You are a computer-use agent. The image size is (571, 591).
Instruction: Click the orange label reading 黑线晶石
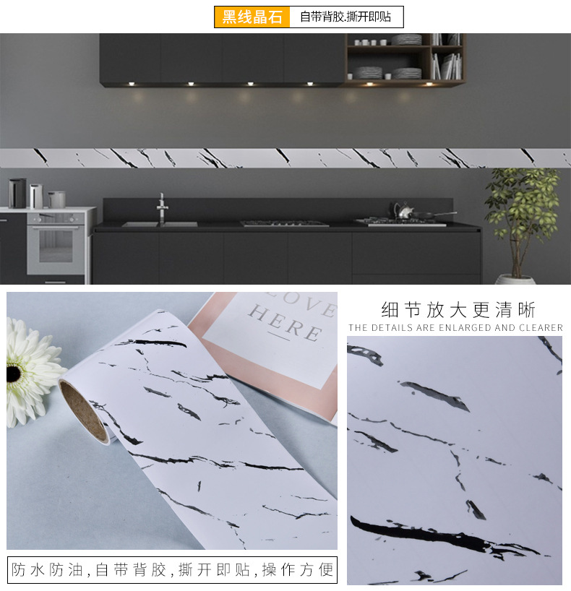click(x=252, y=17)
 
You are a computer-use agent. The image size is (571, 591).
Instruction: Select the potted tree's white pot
click(x=515, y=279)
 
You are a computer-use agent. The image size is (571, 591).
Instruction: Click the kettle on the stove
click(x=402, y=211)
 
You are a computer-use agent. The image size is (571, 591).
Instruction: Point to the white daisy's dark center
click(x=14, y=374)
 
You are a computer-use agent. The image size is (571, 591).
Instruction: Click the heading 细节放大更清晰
click(x=458, y=310)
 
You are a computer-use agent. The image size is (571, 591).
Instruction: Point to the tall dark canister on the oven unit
click(x=17, y=193)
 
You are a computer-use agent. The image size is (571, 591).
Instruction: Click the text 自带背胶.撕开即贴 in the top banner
click(x=346, y=17)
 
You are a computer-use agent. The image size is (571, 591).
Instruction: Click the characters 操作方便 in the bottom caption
click(x=297, y=570)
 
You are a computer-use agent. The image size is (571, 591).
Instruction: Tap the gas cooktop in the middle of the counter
click(x=284, y=223)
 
